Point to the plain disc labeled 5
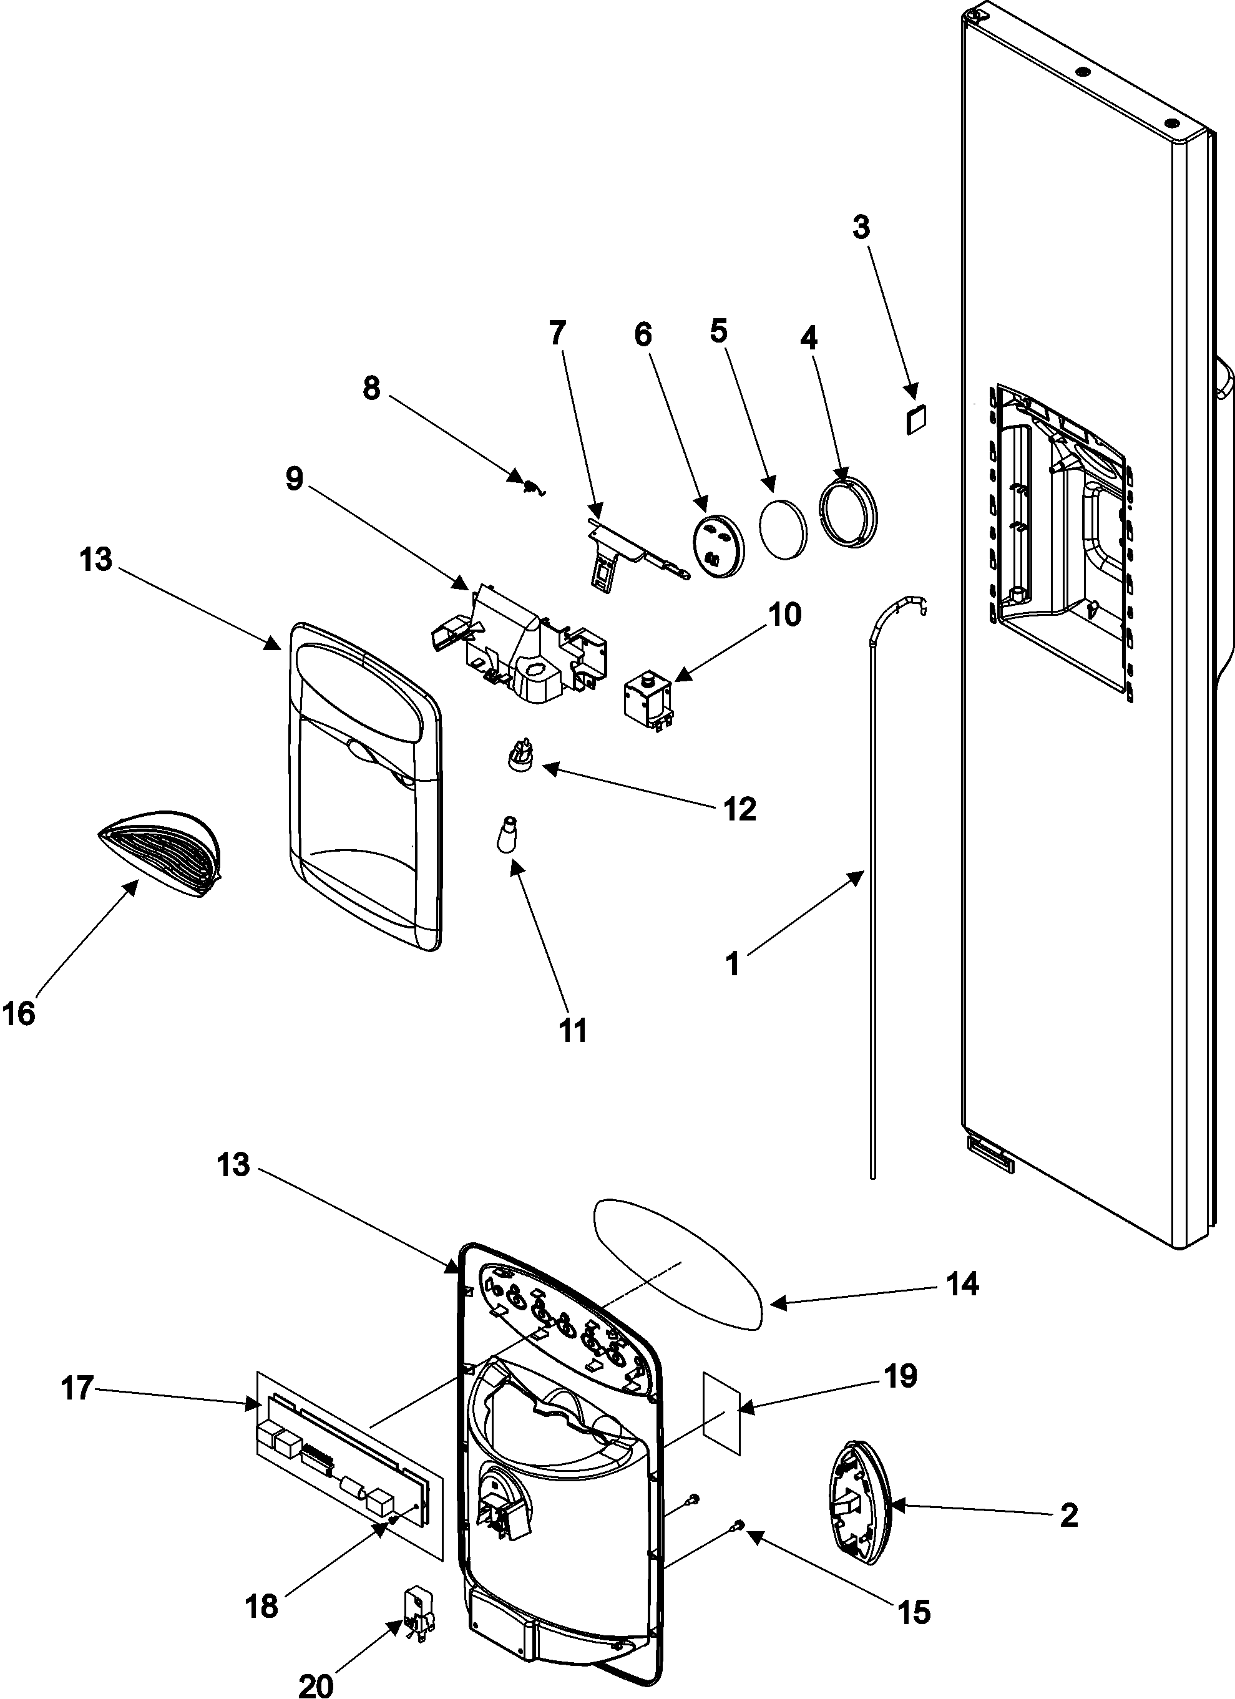(784, 527)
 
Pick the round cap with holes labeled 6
(717, 545)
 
